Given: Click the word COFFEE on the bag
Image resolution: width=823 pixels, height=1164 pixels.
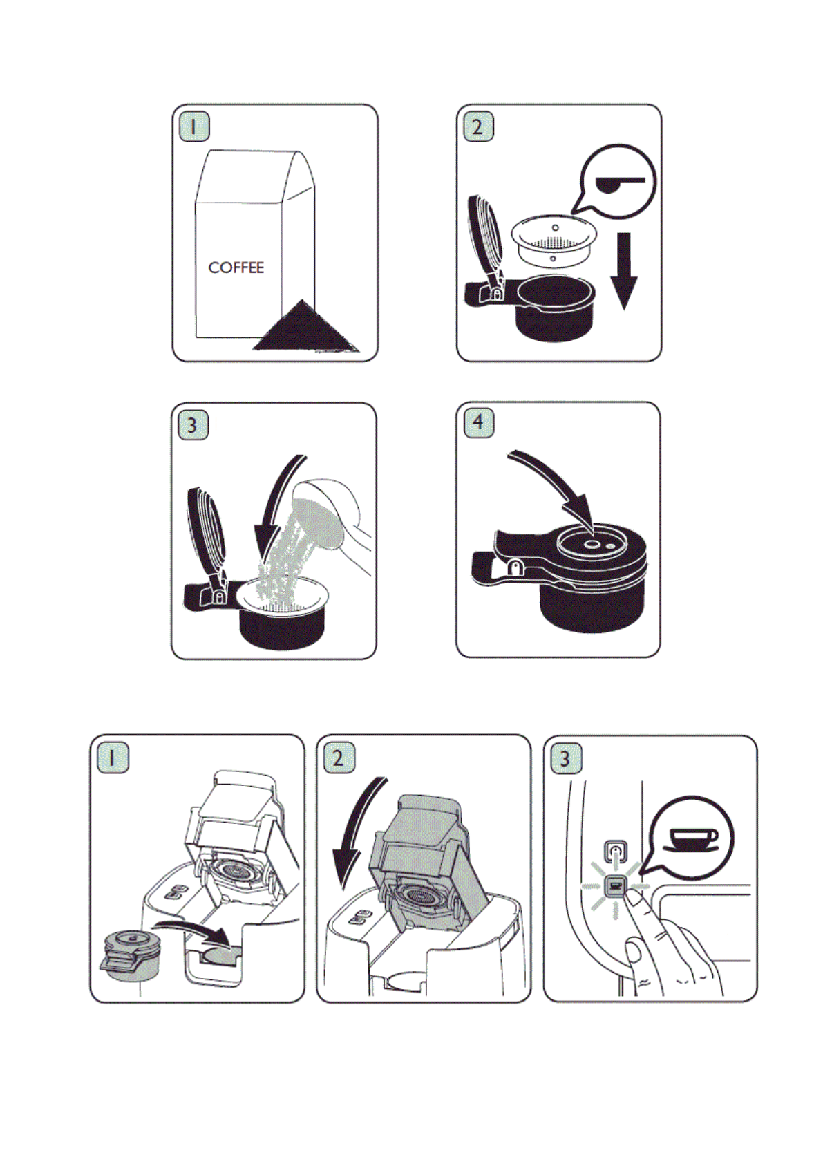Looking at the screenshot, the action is [x=236, y=267].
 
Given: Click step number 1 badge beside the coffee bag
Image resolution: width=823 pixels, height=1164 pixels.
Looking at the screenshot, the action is [x=193, y=126].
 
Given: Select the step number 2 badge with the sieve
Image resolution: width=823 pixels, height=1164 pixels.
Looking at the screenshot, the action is [x=478, y=126].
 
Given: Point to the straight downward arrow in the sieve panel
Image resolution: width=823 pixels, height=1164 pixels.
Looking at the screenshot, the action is [x=623, y=270].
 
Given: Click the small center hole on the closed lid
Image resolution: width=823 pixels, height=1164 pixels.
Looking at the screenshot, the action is [x=592, y=544].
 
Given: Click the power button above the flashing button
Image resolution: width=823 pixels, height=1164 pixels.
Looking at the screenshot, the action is [x=616, y=851].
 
